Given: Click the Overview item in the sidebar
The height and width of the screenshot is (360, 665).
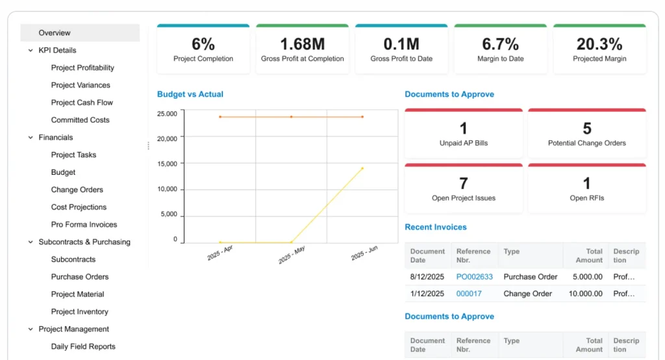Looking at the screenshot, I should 55,33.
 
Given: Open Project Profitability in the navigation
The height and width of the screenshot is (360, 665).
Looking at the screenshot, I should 82,68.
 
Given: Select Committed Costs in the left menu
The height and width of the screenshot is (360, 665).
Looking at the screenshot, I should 80,120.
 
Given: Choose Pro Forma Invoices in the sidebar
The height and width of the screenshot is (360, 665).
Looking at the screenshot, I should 84,225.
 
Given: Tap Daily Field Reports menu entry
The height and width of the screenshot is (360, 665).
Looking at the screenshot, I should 83,347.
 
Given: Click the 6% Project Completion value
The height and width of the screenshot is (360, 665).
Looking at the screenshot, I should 203,44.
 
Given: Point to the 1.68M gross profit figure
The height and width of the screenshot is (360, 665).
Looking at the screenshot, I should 302,44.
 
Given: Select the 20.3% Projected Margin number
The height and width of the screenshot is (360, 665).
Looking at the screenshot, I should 599,44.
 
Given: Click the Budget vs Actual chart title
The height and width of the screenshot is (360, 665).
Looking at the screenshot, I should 190,94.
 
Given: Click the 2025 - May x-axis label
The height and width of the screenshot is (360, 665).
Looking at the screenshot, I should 292,254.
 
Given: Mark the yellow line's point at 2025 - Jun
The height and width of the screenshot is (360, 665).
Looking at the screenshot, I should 362,168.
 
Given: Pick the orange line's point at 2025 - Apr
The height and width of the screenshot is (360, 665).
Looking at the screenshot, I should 220,117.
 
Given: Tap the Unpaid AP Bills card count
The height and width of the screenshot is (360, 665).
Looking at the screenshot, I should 463,129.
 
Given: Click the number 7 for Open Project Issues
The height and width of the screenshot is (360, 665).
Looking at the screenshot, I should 463,184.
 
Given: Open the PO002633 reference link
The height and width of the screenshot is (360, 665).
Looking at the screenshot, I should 474,277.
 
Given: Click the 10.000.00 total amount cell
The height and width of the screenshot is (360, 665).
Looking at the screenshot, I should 587,294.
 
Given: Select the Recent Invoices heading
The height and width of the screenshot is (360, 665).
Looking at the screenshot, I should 435,227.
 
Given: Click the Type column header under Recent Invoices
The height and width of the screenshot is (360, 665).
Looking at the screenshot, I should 511,251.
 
